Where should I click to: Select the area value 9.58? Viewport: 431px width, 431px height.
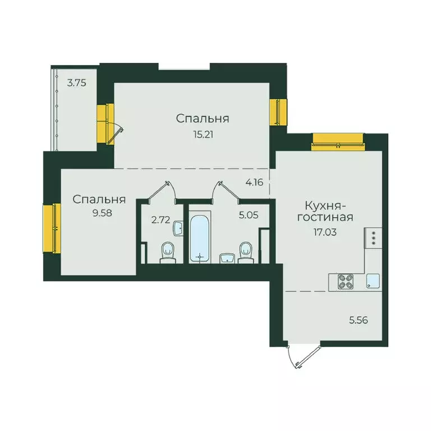point(98,213)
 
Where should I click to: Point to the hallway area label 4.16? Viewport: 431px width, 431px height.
point(254,182)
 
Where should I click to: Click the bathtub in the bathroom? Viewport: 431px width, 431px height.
point(198,237)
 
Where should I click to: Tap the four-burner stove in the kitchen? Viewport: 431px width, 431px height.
point(345,281)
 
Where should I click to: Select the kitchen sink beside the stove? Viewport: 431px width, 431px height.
point(373,281)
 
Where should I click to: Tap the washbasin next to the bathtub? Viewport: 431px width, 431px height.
point(226,258)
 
